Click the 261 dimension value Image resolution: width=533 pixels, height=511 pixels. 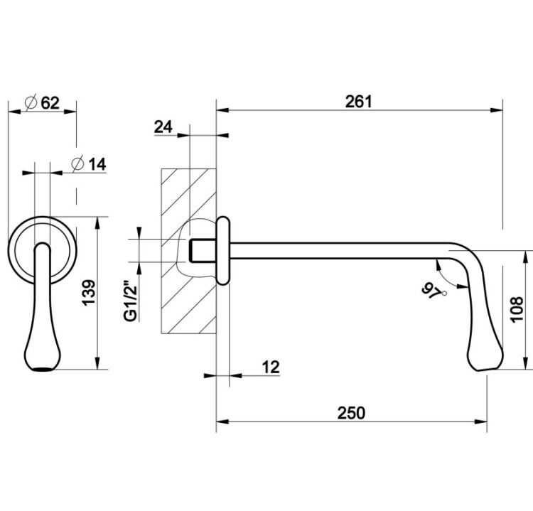pos(359,102)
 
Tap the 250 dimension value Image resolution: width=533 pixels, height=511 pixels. pos(351,413)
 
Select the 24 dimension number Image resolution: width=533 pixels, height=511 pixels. pos(163,127)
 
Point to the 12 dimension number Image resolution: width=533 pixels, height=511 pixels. pos(271,367)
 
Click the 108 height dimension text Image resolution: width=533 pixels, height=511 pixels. pos(517,309)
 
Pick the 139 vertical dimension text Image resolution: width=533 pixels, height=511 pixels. pos(90,292)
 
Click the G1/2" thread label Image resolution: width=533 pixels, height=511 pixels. pos(131,301)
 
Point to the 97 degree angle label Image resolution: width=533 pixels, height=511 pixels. pos(431,291)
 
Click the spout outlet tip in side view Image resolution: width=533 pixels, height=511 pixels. pos(485,369)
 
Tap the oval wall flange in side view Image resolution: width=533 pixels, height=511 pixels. pos(223,250)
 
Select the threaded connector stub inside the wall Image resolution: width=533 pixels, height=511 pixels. pos(202,251)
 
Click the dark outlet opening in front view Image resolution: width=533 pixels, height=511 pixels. pos(43,370)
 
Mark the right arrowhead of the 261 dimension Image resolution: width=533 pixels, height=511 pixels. pos(496,110)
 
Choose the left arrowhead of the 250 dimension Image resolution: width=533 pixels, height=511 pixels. pos(222,422)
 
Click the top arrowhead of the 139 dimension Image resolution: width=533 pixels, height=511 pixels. pos(97,223)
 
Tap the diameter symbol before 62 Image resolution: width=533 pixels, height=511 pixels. pos(31,102)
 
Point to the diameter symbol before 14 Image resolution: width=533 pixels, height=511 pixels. pos(77,164)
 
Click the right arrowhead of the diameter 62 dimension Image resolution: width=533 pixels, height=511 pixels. pos(70,111)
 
